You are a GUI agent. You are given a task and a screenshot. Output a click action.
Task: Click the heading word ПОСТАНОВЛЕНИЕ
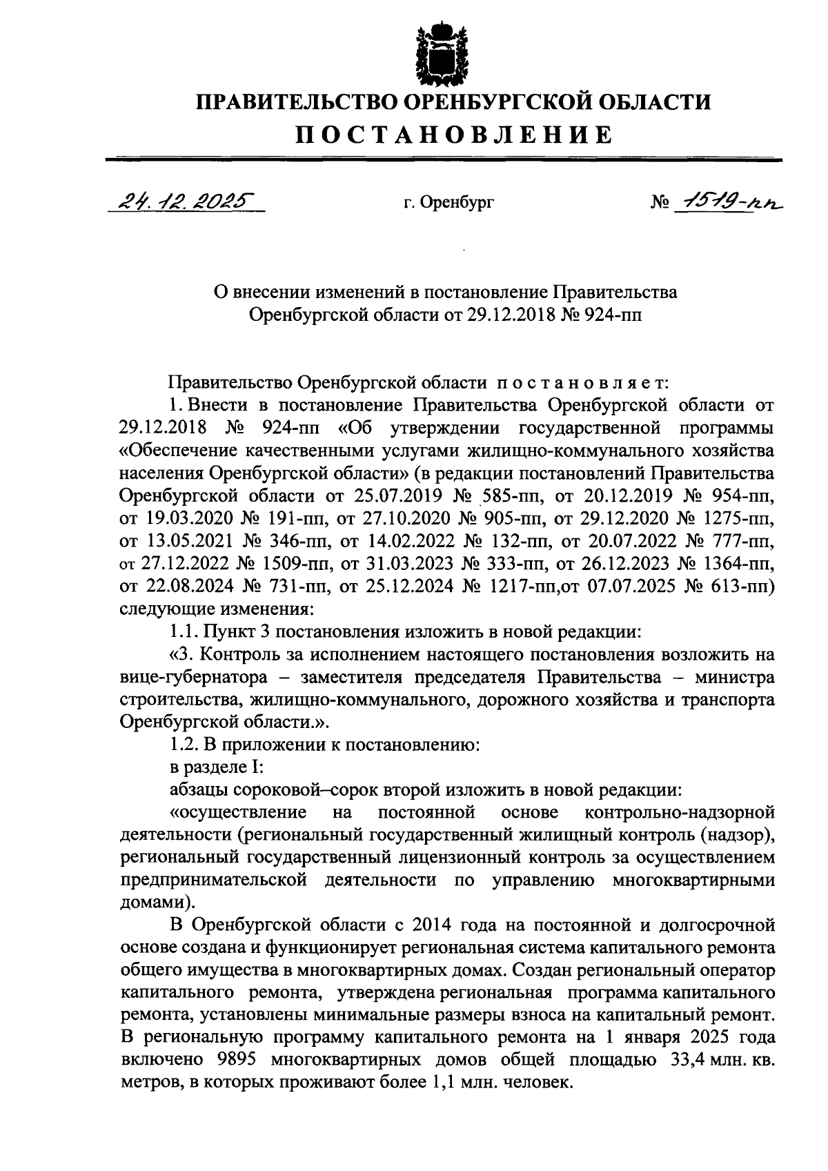pos(453,134)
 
